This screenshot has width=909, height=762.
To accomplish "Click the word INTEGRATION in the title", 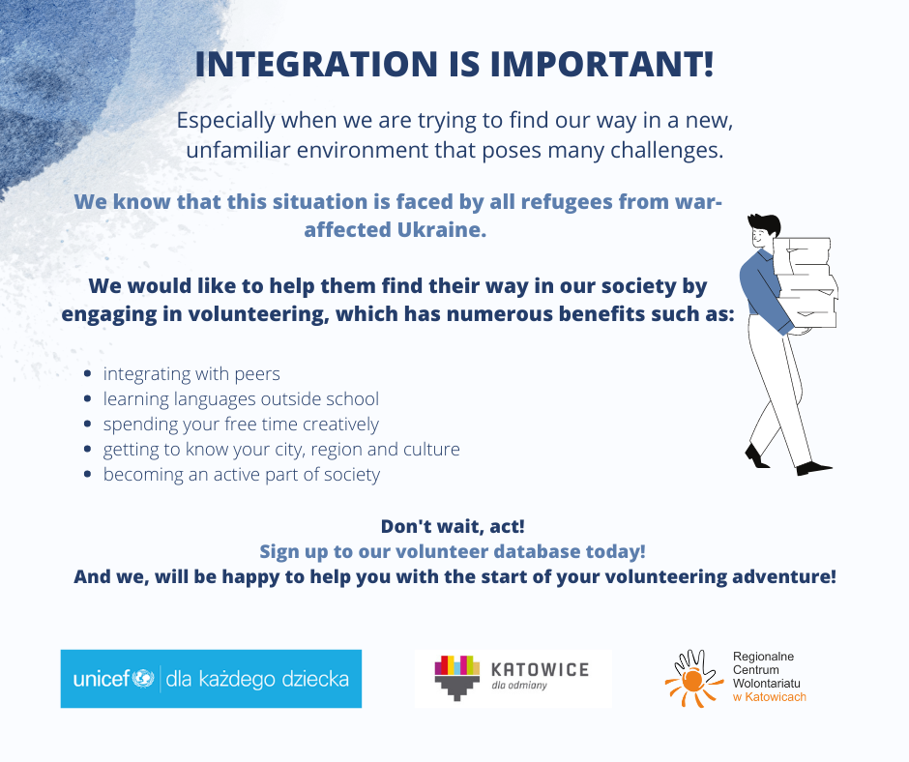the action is point(316,64).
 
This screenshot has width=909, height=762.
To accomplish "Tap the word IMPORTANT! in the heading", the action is point(601,64).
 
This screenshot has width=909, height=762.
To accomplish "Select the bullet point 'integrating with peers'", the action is point(191,374).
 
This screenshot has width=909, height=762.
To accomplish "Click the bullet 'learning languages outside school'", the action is point(241,399).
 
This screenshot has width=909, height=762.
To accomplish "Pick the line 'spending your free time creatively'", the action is point(241,425).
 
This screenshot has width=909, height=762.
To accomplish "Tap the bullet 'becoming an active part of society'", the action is point(241,475).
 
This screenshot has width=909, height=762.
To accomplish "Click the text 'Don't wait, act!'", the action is point(453,527).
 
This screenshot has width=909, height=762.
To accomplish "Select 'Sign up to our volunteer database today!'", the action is point(453,551).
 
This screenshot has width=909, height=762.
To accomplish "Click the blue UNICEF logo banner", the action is point(211,679).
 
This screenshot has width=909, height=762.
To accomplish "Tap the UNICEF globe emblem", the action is point(142,678).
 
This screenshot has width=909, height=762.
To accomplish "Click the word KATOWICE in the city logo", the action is point(540,670).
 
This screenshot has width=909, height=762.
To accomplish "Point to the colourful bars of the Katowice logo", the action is point(456,665).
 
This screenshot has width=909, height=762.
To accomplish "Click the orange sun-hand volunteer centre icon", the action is point(694,679).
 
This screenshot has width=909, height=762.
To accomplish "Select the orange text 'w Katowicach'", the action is point(770,697).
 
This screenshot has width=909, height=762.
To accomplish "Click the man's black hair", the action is point(764,223).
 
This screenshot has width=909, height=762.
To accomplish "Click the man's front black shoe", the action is point(814,467).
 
